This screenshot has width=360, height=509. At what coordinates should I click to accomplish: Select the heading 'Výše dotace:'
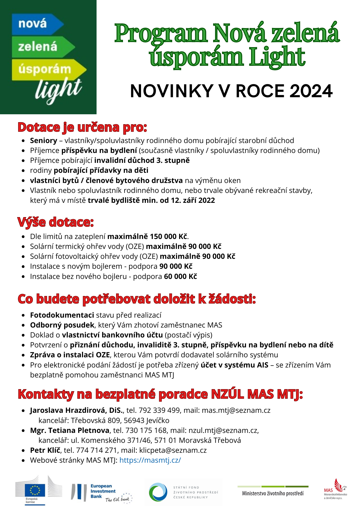(56, 222)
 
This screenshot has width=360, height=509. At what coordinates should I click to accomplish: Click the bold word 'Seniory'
(44, 140)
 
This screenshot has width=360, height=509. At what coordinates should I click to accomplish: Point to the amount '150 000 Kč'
(169, 236)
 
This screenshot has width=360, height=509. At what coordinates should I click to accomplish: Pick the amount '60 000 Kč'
(181, 276)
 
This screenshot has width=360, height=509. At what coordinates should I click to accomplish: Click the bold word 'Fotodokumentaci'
(62, 315)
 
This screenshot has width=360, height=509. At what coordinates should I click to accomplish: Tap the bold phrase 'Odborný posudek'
(62, 325)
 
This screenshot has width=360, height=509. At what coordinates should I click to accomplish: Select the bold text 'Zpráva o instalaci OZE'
(70, 355)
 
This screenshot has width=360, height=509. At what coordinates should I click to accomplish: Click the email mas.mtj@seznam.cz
(236, 410)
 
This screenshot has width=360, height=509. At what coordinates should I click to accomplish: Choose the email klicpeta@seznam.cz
(173, 450)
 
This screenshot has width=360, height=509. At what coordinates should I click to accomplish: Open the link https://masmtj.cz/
(150, 460)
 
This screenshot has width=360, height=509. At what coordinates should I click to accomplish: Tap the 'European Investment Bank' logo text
(103, 491)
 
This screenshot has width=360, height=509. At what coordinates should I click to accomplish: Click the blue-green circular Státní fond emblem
(158, 492)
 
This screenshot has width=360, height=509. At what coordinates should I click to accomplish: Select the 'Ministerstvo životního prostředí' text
(273, 493)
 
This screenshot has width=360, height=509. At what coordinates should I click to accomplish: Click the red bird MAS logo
(339, 486)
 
